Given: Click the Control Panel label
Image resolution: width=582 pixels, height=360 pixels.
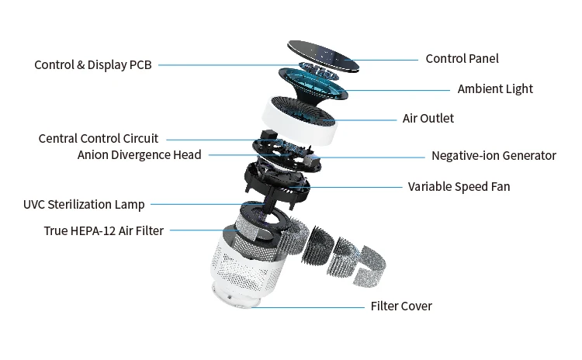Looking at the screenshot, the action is pyautogui.click(x=462, y=59).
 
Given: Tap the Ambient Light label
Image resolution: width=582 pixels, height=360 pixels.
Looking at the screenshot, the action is pyautogui.click(x=495, y=89).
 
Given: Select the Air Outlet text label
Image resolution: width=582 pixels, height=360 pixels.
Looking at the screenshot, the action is pyautogui.click(x=428, y=119).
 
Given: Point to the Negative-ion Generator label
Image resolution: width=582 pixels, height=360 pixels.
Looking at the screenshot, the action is pyautogui.click(x=494, y=156).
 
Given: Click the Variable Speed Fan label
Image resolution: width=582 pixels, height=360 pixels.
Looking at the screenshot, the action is pyautogui.click(x=459, y=187).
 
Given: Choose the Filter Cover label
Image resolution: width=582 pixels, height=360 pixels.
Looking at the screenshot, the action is pyautogui.click(x=400, y=306).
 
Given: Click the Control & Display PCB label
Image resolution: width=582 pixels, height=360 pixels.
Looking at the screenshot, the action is pyautogui.click(x=93, y=65).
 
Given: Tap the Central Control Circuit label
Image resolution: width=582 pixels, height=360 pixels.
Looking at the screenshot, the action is pyautogui.click(x=98, y=139).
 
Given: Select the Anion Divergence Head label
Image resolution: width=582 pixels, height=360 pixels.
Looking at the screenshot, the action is pyautogui.click(x=139, y=155).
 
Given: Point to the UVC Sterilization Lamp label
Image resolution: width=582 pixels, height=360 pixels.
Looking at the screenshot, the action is pyautogui.click(x=84, y=205).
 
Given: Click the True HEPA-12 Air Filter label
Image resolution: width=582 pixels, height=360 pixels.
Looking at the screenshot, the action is pyautogui.click(x=103, y=230).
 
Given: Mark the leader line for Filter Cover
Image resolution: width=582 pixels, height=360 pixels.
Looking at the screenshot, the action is pyautogui.click(x=310, y=306).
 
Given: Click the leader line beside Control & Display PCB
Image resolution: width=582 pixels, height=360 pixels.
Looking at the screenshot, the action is pyautogui.click(x=225, y=65).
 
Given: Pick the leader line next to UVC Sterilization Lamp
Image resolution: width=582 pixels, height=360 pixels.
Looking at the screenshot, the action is pyautogui.click(x=194, y=205).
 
